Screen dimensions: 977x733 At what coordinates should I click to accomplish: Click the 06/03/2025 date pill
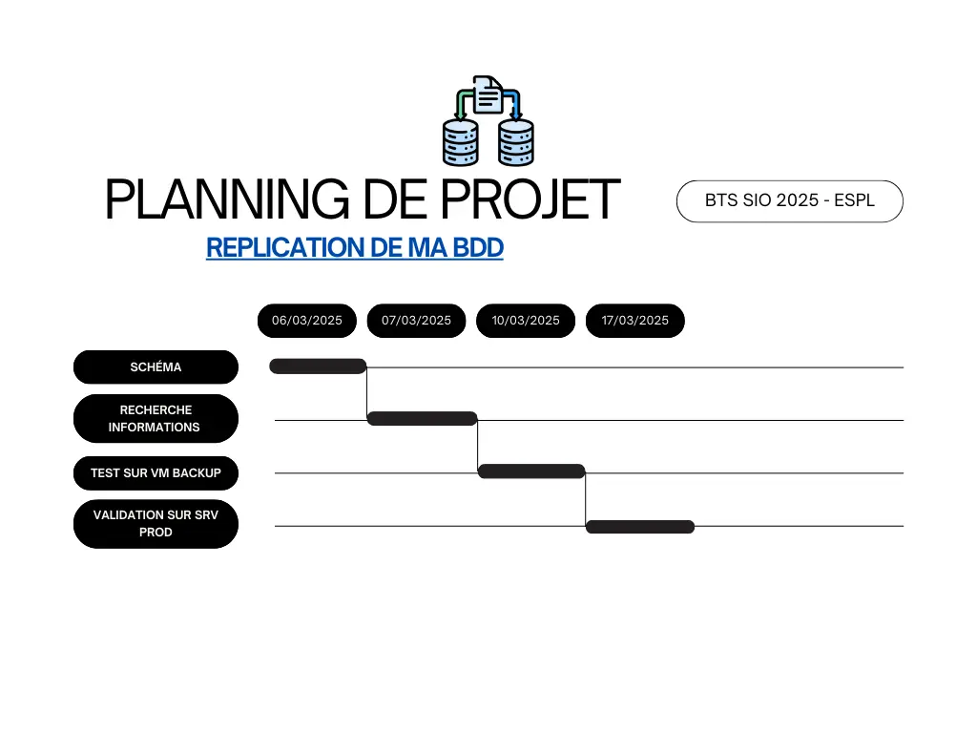click(306, 321)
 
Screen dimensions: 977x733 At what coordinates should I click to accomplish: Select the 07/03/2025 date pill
click(416, 321)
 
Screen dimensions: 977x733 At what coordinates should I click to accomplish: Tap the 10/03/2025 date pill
click(526, 321)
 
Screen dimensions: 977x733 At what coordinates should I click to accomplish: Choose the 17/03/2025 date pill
click(634, 321)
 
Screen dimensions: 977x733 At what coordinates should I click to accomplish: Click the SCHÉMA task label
click(156, 367)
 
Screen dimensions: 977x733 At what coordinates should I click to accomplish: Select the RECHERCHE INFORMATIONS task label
click(156, 418)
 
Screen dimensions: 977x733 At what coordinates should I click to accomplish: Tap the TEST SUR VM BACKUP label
click(156, 473)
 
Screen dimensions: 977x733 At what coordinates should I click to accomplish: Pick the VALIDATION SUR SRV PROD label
click(156, 524)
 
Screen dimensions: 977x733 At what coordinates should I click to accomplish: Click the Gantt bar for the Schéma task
click(318, 366)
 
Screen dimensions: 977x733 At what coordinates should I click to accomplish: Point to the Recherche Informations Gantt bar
click(422, 418)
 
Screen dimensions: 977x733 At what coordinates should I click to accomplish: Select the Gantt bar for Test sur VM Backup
click(531, 471)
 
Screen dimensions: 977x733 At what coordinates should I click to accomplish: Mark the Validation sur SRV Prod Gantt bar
click(640, 527)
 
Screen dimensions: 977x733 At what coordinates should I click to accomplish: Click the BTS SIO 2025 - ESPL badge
click(789, 200)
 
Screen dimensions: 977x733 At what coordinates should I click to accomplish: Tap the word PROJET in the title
click(530, 199)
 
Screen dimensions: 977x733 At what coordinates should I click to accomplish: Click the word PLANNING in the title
click(227, 199)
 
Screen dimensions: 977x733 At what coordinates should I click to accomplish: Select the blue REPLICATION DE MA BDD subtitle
click(355, 247)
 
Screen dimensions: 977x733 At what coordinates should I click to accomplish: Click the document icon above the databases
click(488, 94)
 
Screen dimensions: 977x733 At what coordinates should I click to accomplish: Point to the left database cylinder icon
click(461, 143)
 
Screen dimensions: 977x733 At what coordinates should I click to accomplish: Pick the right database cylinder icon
click(516, 143)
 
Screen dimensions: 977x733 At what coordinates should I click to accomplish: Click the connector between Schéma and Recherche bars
click(366, 392)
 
